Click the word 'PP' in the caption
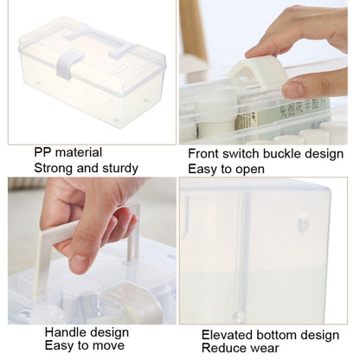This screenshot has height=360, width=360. tap(42, 152)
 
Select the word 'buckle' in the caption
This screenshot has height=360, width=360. tap(282, 154)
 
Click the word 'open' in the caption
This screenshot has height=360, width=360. tap(250, 170)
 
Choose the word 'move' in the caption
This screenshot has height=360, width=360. tap(111, 345)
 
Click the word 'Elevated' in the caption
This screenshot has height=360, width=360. tap(226, 335)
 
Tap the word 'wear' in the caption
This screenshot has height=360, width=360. tap(266, 348)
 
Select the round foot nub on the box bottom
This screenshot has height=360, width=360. tap(304, 223)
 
